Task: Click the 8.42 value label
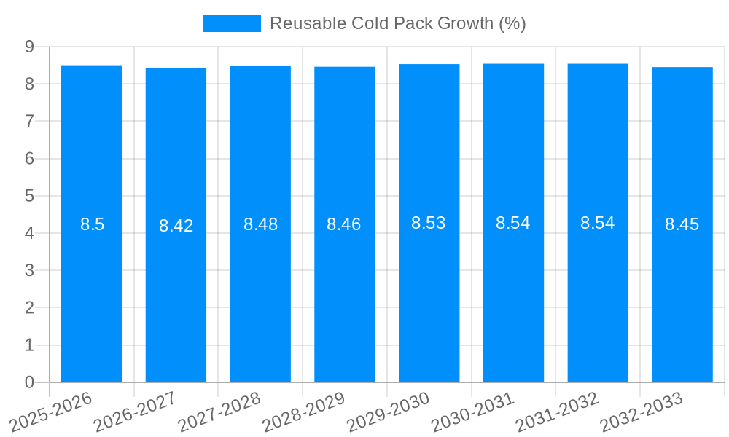(x=176, y=226)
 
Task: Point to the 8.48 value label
(x=260, y=224)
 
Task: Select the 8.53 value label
(x=429, y=223)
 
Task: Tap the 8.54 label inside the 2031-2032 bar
(x=598, y=223)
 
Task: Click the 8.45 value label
(x=682, y=224)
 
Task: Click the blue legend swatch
(x=231, y=23)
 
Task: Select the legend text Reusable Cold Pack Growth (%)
(x=398, y=23)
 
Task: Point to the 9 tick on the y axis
(x=30, y=47)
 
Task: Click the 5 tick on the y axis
(x=30, y=196)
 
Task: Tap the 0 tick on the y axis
(x=30, y=382)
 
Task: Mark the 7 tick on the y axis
(x=30, y=121)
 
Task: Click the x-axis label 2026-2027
(x=135, y=412)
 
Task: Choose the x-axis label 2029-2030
(x=388, y=412)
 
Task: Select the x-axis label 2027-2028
(x=219, y=412)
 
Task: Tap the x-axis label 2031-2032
(x=557, y=412)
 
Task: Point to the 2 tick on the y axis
(x=30, y=308)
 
